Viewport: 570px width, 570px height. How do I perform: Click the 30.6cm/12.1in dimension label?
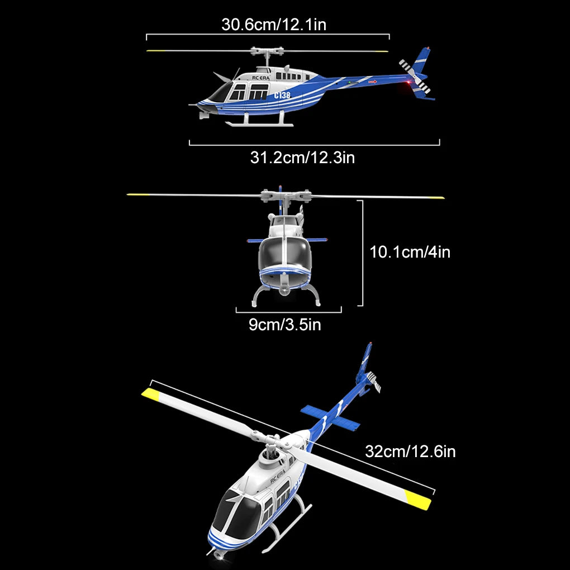pos(274,25)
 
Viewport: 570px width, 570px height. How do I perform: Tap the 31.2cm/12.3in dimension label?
pos(302,158)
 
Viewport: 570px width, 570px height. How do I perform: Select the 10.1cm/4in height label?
pos(410,252)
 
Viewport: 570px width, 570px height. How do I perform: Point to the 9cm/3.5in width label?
pos(285,325)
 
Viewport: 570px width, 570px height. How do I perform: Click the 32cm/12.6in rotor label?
pos(410,452)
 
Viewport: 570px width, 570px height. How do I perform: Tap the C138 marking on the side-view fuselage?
pos(282,95)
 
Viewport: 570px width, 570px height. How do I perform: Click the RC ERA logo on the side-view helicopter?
pos(260,78)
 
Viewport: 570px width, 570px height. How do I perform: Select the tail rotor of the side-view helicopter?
pos(415,77)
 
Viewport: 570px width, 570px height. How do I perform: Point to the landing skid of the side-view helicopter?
pos(259,124)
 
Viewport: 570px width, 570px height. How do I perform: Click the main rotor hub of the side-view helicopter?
pos(267,51)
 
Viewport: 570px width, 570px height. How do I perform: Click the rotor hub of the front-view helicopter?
pos(286,196)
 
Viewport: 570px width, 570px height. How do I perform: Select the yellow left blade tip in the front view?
pos(138,194)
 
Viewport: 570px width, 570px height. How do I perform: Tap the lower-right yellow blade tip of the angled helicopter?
pos(417,500)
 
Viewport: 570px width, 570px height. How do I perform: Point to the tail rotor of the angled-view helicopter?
pos(373,381)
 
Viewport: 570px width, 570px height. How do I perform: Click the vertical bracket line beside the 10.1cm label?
pos(362,253)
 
